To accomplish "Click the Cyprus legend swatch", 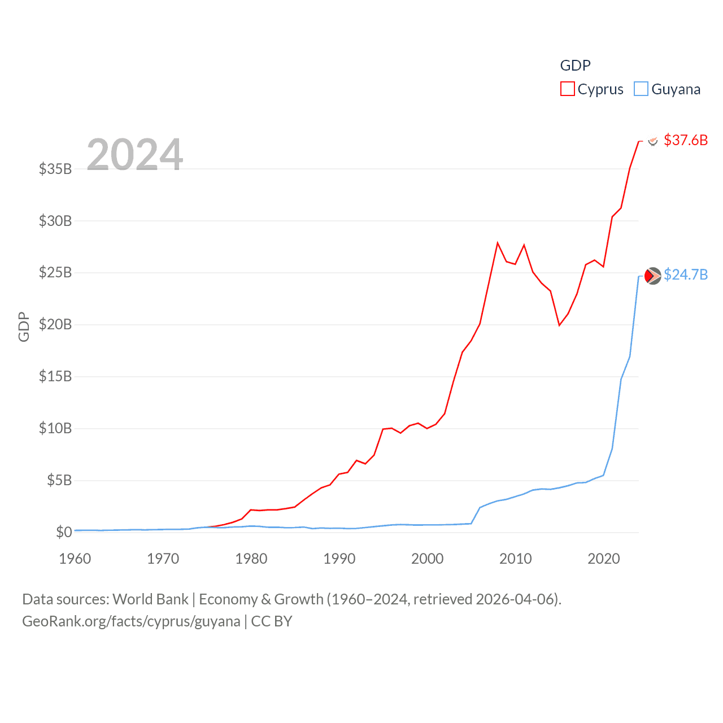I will click(567, 89).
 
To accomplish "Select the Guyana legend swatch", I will click(641, 89).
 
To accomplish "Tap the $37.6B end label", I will click(686, 140).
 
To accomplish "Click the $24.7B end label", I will click(686, 275).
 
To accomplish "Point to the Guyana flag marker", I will click(652, 276).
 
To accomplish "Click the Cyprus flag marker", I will click(653, 141).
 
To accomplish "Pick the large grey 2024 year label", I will click(135, 154).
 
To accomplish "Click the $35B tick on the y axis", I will click(55, 169).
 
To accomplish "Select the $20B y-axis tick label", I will click(55, 324).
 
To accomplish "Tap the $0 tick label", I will click(64, 532).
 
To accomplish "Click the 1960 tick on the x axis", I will click(75, 559).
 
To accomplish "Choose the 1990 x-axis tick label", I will click(339, 559).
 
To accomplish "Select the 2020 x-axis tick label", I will click(604, 559).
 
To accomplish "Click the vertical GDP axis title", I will click(24, 326).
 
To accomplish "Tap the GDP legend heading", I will click(575, 66).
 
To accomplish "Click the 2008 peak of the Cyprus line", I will click(498, 243).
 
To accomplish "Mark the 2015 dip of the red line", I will click(559, 325).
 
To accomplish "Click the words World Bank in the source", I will click(150, 599).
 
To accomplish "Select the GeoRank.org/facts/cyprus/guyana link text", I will click(131, 621).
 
